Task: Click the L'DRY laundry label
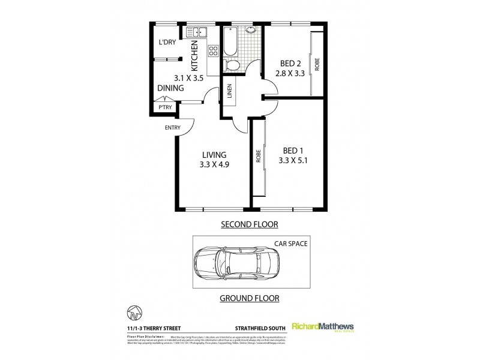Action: (166, 43)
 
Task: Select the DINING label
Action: (170, 88)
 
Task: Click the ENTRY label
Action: (173, 127)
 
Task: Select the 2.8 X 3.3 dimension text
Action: (290, 73)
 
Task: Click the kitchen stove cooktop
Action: (212, 52)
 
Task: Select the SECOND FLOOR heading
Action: (251, 224)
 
